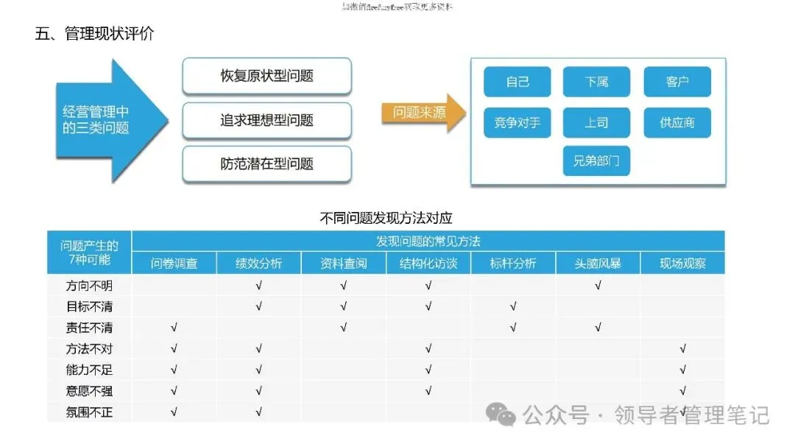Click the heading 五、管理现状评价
(x=94, y=34)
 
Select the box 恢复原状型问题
(x=266, y=76)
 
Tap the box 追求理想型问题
(x=266, y=120)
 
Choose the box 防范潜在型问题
(x=266, y=163)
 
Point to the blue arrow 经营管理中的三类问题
(x=100, y=120)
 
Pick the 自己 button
(x=517, y=82)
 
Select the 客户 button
(x=677, y=82)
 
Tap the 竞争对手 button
(x=517, y=122)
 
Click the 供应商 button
(x=677, y=122)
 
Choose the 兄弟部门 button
(x=596, y=161)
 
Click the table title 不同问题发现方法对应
(x=386, y=218)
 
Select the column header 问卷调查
(x=174, y=263)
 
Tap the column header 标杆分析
(x=513, y=263)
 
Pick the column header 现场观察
(x=682, y=263)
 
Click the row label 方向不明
(x=89, y=285)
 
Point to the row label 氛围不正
(x=89, y=412)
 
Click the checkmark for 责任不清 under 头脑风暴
(x=598, y=328)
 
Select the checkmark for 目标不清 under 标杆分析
(x=513, y=306)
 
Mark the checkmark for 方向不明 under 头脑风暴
(x=598, y=285)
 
